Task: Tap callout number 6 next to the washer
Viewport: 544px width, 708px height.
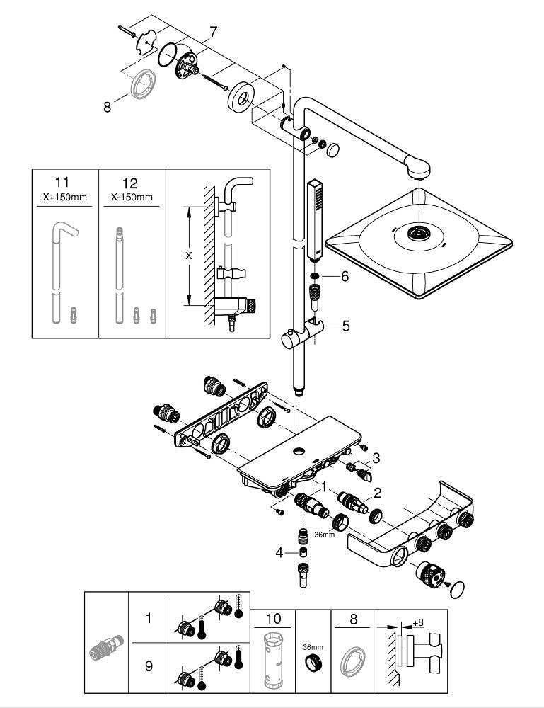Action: [345, 277]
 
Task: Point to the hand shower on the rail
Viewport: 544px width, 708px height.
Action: [315, 219]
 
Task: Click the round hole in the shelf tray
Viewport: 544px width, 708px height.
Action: [300, 450]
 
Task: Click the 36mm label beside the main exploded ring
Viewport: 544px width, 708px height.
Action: [325, 534]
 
